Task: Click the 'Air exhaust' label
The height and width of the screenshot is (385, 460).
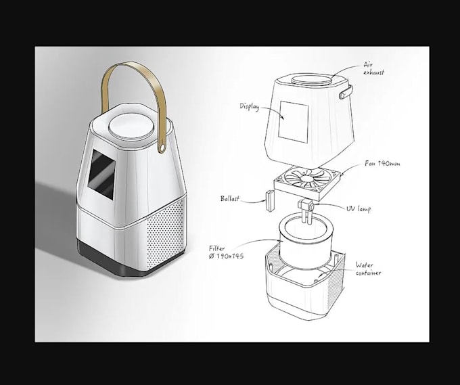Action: point(373,68)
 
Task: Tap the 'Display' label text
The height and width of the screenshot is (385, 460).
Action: point(250,106)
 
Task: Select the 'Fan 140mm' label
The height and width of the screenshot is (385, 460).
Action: point(382,164)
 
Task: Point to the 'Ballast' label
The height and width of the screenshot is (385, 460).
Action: point(230,199)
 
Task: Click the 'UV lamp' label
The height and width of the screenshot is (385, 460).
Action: point(359,208)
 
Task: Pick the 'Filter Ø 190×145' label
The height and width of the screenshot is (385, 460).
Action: point(226,252)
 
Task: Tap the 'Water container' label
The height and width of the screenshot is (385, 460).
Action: point(368,269)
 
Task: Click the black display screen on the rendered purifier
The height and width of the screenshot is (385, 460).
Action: point(101,175)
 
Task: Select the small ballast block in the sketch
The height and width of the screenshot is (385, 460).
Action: point(270,200)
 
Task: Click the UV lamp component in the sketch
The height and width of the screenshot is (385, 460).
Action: point(306,210)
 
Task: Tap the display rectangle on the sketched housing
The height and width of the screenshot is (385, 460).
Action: point(293,122)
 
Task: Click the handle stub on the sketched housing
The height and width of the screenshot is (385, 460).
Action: point(346,91)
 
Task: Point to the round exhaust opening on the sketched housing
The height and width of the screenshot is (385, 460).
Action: point(312,80)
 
